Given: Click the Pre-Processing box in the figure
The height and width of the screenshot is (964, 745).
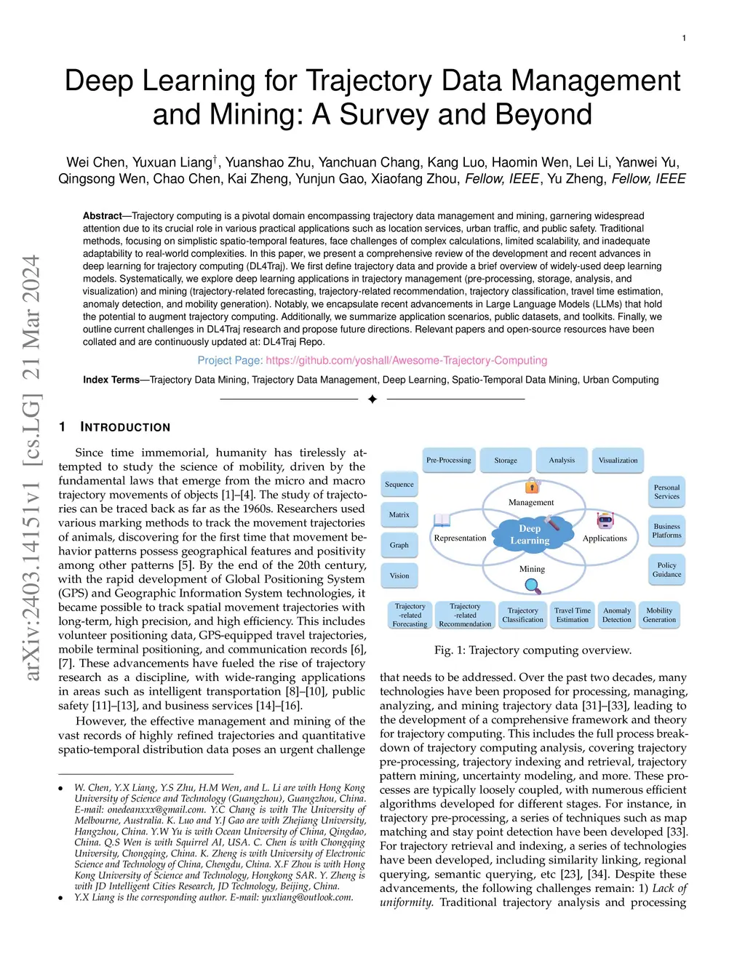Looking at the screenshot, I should [x=449, y=460].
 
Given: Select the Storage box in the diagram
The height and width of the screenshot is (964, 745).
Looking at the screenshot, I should [x=506, y=460].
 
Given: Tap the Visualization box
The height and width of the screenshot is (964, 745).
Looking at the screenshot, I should [x=618, y=460].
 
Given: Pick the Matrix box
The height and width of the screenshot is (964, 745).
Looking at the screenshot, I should [x=399, y=514].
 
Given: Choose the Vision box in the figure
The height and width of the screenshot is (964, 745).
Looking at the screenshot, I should [x=399, y=575].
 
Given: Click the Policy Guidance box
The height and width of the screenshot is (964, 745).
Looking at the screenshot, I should [x=666, y=570].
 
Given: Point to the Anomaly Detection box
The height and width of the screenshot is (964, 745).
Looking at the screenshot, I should [x=617, y=616].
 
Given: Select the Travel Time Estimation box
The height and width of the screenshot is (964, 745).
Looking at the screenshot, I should [x=573, y=616].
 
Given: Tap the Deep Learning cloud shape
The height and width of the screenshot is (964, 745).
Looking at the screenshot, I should [x=530, y=535].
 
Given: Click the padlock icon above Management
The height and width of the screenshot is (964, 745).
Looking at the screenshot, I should [x=533, y=485].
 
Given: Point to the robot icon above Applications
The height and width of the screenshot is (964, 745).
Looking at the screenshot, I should [x=605, y=520].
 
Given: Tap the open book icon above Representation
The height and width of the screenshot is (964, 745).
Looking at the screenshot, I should [x=442, y=520].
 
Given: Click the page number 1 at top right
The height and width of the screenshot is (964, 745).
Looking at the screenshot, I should [x=684, y=38].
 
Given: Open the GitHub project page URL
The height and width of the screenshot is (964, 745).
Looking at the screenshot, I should [x=406, y=360].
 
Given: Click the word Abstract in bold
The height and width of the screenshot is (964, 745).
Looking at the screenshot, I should [x=102, y=216].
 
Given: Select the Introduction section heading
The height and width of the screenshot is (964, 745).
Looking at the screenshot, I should [x=124, y=427].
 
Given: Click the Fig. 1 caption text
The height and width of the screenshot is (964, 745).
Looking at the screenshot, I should [x=533, y=650].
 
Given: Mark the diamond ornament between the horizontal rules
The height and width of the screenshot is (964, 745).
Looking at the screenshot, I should [x=372, y=399].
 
